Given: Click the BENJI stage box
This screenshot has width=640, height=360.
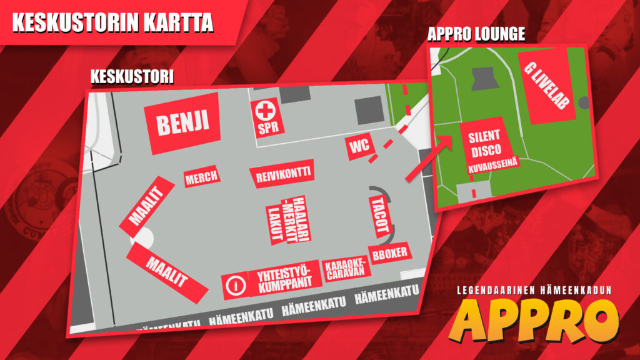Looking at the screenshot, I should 182,123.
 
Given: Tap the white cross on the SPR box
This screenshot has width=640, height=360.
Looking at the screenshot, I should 267,111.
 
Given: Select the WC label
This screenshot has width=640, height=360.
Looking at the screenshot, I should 359,147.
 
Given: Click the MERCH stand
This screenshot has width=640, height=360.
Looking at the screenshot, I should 201,177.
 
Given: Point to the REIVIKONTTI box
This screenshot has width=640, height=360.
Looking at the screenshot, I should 281,174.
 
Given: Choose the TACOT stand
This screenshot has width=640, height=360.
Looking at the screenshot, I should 380,214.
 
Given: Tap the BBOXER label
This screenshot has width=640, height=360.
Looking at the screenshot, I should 389,253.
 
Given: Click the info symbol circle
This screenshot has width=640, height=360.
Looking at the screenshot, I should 236,286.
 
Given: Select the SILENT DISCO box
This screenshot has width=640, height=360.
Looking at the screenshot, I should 486,142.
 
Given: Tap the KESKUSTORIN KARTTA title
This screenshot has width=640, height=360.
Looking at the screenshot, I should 113,22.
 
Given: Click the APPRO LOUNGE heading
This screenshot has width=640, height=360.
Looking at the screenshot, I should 476,34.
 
